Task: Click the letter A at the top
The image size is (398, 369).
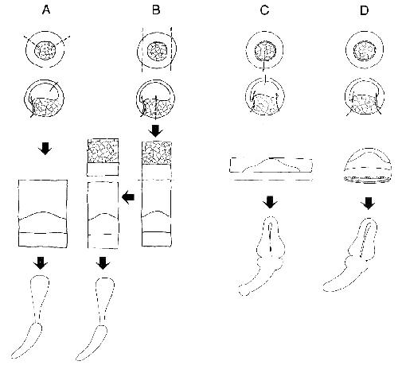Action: click(x=46, y=10)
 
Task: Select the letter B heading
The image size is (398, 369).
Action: click(x=156, y=10)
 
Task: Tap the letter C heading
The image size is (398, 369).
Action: click(x=265, y=10)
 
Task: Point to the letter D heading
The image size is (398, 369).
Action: click(x=365, y=10)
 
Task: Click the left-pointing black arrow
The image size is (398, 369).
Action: click(x=128, y=197)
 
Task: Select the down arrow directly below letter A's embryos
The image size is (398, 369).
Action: click(x=45, y=149)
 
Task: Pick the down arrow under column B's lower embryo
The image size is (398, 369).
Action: click(x=156, y=131)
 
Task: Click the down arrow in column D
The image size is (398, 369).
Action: click(x=369, y=203)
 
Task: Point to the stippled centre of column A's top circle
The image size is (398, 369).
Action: click(x=45, y=49)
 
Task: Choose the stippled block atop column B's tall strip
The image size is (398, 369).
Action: click(x=157, y=153)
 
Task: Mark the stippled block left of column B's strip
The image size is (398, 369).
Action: click(x=103, y=150)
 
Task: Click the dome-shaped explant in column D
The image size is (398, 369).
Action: click(x=368, y=165)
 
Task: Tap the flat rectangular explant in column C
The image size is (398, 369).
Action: click(x=271, y=165)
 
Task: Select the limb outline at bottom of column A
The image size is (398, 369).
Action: click(x=31, y=317)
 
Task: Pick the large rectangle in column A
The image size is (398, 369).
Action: click(x=43, y=214)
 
